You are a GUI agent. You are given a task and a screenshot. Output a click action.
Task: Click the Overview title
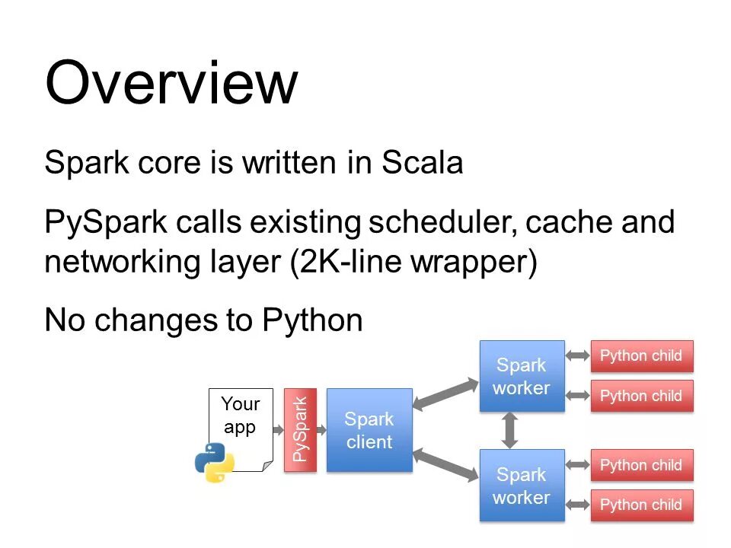coord(171,83)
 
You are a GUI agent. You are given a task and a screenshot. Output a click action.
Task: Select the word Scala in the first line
coord(423,162)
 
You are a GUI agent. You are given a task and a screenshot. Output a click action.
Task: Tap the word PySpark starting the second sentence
coord(106,221)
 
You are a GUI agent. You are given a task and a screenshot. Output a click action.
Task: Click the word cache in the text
coord(569,221)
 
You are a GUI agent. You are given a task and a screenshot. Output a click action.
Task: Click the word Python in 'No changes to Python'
coord(312,320)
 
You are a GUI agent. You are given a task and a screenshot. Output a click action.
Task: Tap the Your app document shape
coord(241,429)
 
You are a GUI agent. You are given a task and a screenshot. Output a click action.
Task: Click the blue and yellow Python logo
coord(215,462)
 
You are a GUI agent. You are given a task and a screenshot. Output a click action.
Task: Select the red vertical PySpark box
coord(300,429)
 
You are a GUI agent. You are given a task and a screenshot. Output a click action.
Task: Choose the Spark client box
coord(369,429)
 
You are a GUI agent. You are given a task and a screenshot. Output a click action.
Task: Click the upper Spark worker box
coord(522,376)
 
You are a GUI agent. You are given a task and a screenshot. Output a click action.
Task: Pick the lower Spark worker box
coord(522,485)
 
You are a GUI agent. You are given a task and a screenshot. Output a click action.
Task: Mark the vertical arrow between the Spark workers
coord(509,431)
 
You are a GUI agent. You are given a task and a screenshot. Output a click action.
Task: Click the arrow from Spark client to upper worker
coord(445,395)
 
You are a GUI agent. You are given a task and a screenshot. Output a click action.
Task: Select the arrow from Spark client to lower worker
coord(445,464)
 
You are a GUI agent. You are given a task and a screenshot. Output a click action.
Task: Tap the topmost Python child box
coord(642,356)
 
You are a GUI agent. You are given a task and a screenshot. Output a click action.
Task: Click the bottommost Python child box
coord(642,505)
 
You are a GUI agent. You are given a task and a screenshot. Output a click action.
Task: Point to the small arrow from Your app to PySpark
coord(279,429)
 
